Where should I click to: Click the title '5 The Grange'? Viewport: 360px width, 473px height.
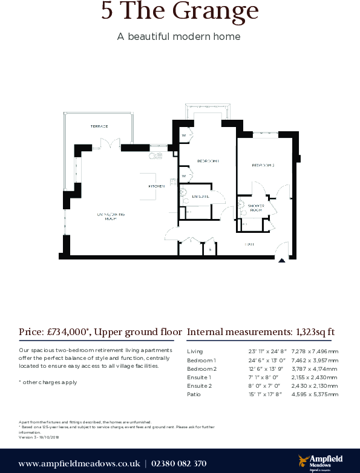(x=180, y=11)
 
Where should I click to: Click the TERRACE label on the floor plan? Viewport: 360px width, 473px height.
(x=99, y=126)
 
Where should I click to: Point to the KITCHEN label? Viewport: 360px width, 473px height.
(x=157, y=186)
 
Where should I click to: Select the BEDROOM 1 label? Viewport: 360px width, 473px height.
(x=208, y=161)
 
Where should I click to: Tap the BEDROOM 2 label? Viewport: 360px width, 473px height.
(x=263, y=165)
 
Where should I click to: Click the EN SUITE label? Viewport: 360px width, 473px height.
(x=200, y=197)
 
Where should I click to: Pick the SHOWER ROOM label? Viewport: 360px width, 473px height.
(x=255, y=208)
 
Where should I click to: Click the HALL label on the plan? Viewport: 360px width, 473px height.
(x=249, y=244)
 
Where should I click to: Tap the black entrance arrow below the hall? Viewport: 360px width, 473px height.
(x=281, y=261)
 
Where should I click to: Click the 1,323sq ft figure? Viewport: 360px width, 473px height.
(x=314, y=332)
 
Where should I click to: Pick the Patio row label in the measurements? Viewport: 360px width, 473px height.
(x=194, y=394)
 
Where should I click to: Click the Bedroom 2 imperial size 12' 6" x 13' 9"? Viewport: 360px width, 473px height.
(x=264, y=368)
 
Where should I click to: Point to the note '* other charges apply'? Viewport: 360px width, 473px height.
(x=48, y=382)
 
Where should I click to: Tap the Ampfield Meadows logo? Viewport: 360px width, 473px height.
(x=318, y=463)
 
